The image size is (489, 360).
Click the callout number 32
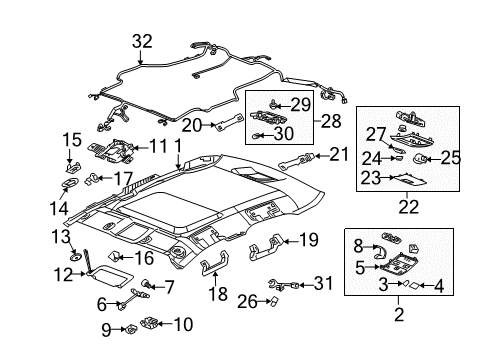pos(142,41)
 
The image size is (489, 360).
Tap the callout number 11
pos(157,145)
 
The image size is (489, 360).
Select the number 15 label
pos(71,138)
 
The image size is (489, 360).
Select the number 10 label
pos(185,324)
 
